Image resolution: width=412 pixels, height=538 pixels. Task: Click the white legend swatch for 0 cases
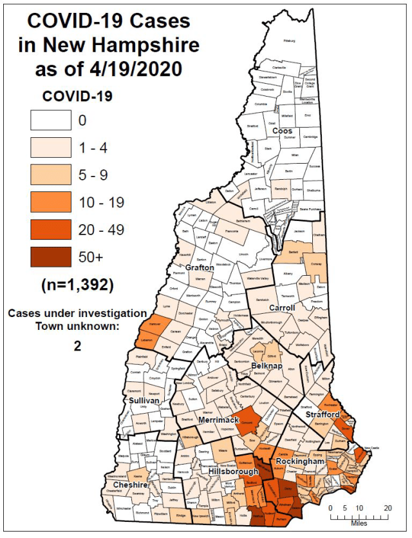coord(50,120)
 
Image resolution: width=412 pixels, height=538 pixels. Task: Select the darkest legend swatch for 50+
coord(50,256)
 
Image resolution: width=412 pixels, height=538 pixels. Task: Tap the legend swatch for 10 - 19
coord(50,202)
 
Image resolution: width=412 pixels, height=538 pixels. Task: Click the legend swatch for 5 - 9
coord(50,175)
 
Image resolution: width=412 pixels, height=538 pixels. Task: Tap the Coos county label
coord(281,131)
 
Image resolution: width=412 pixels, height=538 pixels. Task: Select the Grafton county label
coord(199,267)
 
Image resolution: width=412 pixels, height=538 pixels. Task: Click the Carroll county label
coord(281,308)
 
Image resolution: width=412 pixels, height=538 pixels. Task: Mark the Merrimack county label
coord(218,420)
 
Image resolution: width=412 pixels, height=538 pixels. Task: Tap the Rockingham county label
coord(297,462)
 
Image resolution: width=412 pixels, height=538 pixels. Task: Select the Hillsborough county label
coord(234,472)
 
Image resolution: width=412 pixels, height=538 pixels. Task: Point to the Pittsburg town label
coord(289,41)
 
